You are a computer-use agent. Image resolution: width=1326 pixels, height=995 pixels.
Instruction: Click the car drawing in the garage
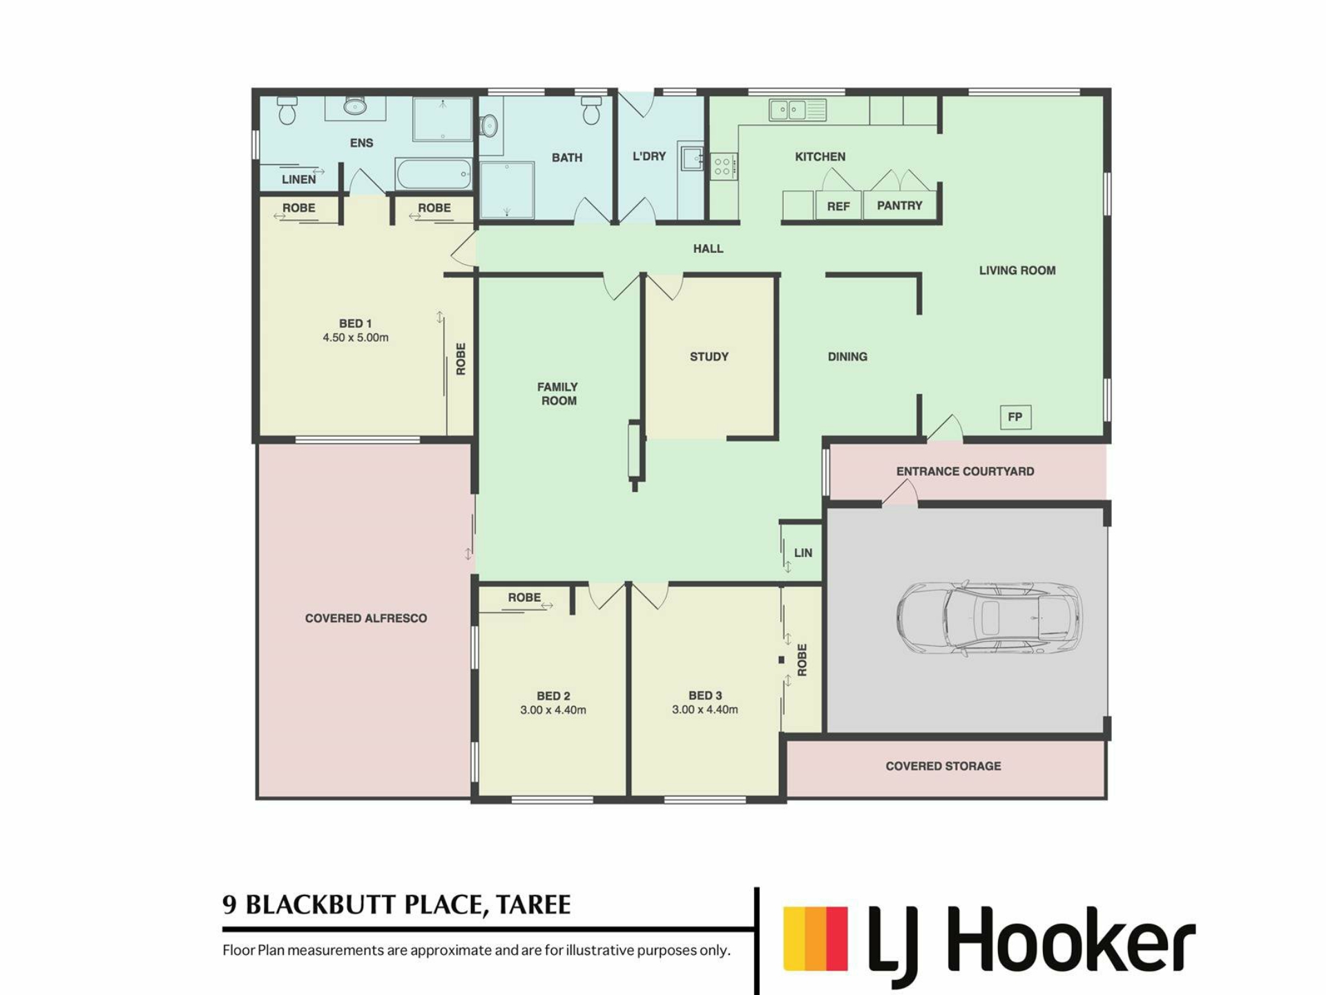(x=989, y=618)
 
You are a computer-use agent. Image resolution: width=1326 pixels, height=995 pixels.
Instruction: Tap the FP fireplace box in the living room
(x=1015, y=417)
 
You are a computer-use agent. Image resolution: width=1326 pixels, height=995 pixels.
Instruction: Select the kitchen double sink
(x=798, y=110)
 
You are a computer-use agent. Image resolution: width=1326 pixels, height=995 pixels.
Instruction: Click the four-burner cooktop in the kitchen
(x=723, y=166)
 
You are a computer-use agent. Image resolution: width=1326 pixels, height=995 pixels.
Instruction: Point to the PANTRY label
(x=899, y=205)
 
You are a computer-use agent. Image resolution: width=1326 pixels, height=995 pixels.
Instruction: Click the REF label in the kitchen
(x=838, y=206)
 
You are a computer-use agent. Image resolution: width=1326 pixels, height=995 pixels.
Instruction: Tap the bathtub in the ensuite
(x=434, y=173)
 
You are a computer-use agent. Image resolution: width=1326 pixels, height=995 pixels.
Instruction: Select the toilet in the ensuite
(x=287, y=110)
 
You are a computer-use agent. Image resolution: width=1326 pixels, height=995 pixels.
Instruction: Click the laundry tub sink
(x=691, y=158)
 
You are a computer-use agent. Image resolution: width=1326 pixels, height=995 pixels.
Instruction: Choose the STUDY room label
(x=709, y=357)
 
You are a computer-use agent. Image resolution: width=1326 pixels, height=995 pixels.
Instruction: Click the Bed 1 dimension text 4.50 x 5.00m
(x=356, y=338)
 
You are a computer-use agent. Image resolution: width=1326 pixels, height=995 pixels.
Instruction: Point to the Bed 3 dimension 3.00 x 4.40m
(x=705, y=710)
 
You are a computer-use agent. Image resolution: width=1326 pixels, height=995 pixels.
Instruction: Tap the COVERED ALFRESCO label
(x=366, y=618)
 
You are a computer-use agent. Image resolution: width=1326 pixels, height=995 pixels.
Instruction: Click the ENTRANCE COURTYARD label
(x=965, y=471)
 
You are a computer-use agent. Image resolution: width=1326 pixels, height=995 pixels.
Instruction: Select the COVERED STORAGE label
(x=943, y=766)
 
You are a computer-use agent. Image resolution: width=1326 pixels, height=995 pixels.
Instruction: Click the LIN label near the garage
(x=803, y=553)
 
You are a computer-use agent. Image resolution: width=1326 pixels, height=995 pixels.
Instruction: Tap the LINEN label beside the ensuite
(x=299, y=180)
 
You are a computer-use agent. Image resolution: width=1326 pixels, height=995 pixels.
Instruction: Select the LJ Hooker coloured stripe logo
(x=815, y=938)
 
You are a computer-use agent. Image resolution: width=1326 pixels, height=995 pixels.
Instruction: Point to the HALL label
(x=709, y=249)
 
